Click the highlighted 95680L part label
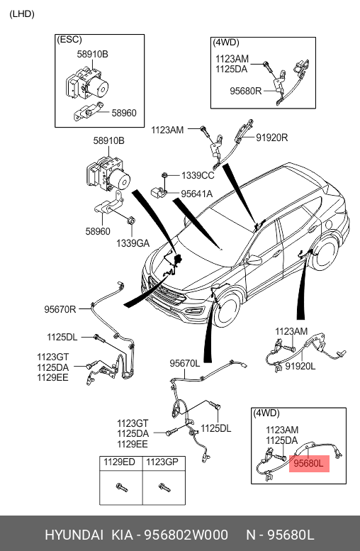coord(308,464)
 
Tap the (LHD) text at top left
coord(22,14)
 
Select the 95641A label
coord(197,194)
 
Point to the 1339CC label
coord(198,175)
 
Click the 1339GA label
coord(133,243)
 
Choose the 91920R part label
coord(272,138)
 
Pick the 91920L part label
coord(300,367)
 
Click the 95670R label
coord(60,309)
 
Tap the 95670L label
coord(185,363)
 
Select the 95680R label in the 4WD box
coord(246,91)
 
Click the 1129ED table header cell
coord(120,462)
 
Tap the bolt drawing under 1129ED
coord(121,487)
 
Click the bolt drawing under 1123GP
coord(164,487)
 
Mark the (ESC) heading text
coord(69,40)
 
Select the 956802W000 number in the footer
coord(186,535)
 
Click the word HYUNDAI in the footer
coord(74,535)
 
